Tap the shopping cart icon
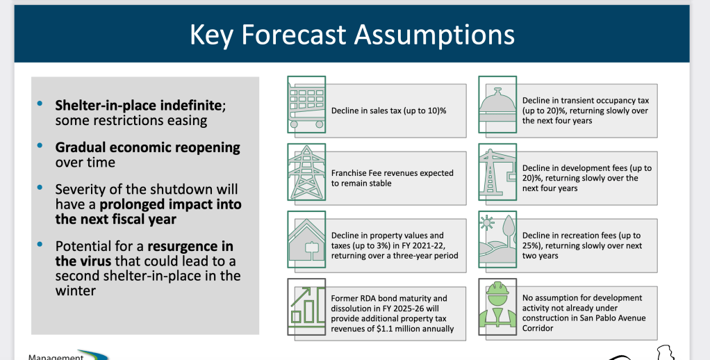coord(307,105)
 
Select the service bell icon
coord(497,105)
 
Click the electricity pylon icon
coord(307,172)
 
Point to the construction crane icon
coord(497,172)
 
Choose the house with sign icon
coord(307,240)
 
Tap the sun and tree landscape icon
coord(497,240)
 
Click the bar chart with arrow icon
coord(307,306)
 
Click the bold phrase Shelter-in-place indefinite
coord(138,106)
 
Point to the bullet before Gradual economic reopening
coord(40,145)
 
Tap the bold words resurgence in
coord(190,246)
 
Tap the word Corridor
coord(538,328)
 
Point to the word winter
coord(76,291)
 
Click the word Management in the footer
coord(56,357)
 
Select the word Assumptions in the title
coord(435,35)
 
